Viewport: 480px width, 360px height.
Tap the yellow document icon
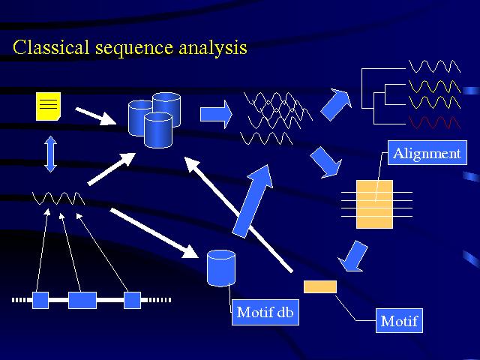pos(48,106)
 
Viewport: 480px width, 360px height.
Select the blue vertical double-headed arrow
pos(51,154)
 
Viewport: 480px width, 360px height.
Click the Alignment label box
pos(427,154)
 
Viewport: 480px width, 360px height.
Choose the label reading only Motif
pos(397,322)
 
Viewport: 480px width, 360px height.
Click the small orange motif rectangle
pos(320,286)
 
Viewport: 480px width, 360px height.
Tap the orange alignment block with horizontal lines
pos(374,204)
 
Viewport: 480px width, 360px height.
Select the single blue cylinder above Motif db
pos(221,268)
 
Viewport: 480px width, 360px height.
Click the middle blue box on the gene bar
pos(82,300)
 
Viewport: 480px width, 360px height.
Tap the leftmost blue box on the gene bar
pos(40,300)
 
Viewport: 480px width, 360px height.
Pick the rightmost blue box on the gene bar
pos(132,300)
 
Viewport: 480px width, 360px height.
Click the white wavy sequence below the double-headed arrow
pos(58,199)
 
